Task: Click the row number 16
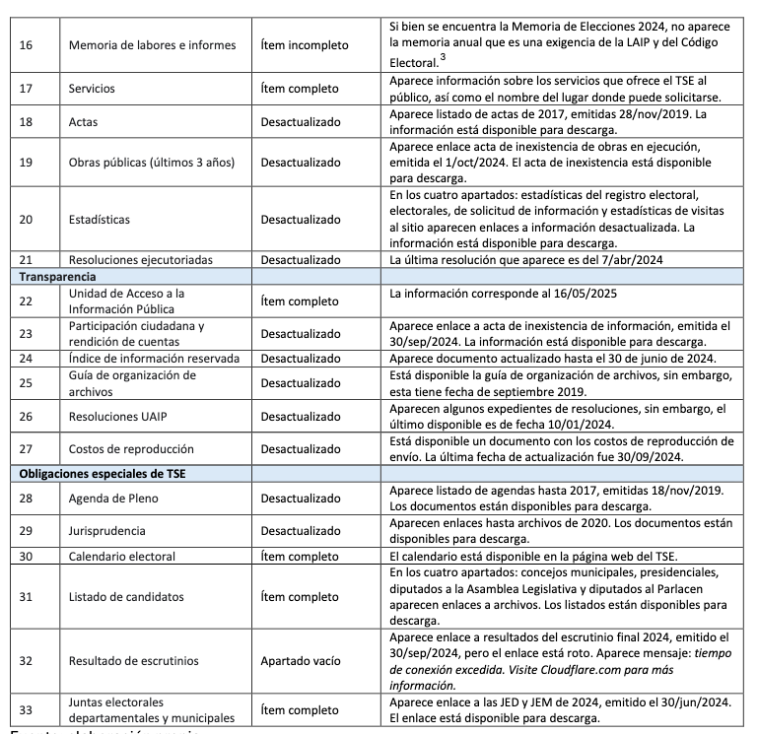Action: [x=26, y=44]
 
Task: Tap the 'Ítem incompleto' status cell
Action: [x=308, y=44]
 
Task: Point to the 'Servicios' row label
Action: [x=92, y=88]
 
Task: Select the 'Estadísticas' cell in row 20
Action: [x=99, y=219]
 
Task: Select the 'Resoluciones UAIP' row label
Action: [x=118, y=417]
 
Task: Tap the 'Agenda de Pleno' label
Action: [x=113, y=498]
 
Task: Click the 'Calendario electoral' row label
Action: [x=123, y=555]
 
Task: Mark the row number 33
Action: [x=26, y=708]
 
